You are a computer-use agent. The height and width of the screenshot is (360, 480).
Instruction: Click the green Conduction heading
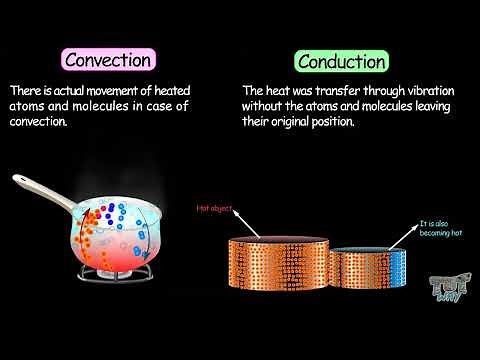[x=340, y=61]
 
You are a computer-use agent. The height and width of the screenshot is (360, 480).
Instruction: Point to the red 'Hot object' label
[x=213, y=209]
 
